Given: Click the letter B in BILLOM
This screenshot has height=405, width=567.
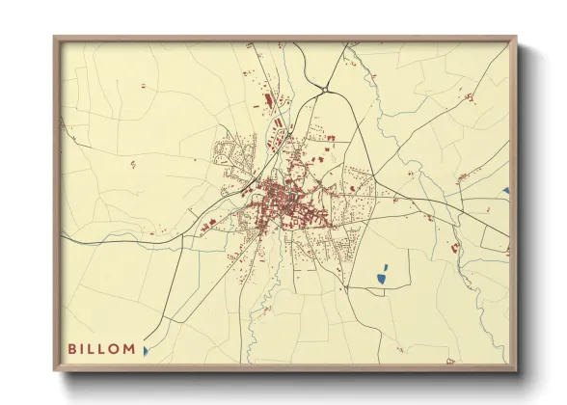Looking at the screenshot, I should (x=72, y=349).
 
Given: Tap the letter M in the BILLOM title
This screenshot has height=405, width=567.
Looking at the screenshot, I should (x=129, y=349).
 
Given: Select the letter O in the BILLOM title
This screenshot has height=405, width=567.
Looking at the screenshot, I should (x=116, y=349).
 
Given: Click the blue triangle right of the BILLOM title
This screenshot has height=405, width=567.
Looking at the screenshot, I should (x=146, y=351).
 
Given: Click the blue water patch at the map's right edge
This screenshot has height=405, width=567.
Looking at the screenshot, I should (x=506, y=191).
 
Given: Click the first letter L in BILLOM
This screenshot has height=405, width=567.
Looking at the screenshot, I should (x=94, y=349).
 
